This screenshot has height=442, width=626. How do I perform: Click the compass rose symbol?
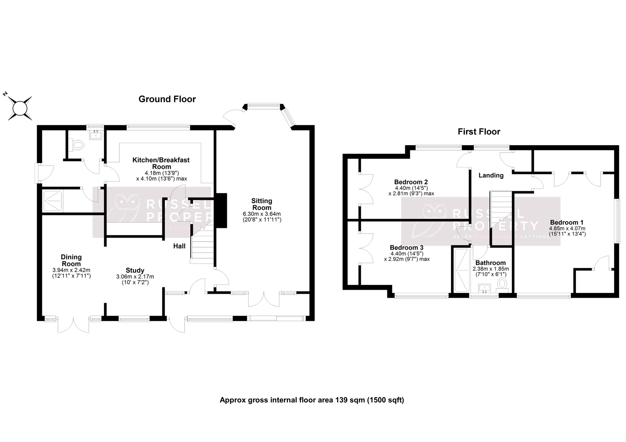pos(20,108)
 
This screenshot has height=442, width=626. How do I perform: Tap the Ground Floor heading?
pos(167,99)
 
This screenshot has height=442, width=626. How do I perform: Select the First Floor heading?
pos(479,132)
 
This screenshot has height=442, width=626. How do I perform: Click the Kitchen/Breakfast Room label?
pos(161,163)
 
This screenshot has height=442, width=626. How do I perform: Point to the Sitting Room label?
pos(262,204)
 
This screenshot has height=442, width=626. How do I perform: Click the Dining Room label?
pos(71,260)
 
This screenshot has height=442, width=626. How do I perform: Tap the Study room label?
pos(135,270)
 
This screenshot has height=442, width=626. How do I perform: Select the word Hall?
pos(179,246)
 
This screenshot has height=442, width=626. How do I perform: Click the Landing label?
pos(491,175)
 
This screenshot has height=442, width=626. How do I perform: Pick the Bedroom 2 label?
pos(411,182)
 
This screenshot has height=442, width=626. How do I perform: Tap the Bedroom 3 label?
pos(406,248)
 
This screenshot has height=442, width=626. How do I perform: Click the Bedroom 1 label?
pos(567,222)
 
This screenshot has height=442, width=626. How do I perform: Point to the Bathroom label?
pos(491,263)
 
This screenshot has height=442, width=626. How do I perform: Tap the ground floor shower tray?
pos(53,200)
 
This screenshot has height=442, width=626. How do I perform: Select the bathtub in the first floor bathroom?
pos(462,270)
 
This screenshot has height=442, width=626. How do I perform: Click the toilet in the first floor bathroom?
pos(502,284)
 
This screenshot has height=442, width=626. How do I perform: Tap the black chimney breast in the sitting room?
pos(221,210)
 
